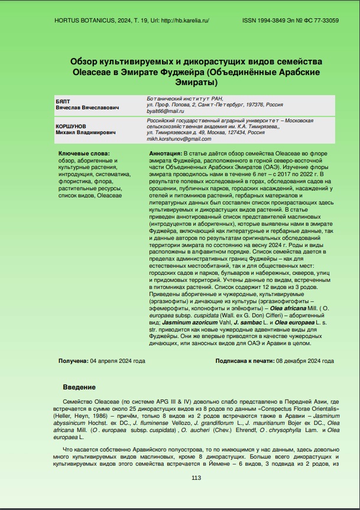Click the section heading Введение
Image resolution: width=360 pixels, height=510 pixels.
coord(79,387)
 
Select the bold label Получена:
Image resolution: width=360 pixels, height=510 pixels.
coord(73,360)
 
